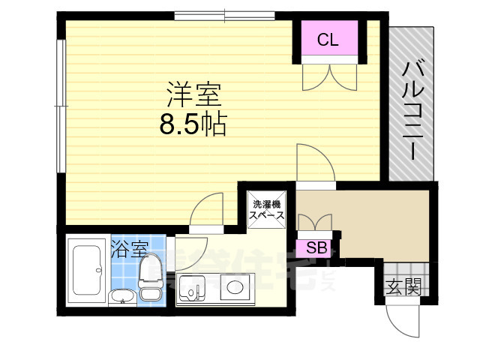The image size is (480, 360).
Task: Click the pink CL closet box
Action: (327, 40)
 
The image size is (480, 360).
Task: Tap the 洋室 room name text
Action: (193, 95)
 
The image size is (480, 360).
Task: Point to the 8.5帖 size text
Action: (193, 124)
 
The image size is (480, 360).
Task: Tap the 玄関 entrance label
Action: (403, 286)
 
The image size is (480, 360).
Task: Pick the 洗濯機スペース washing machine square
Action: (267, 209)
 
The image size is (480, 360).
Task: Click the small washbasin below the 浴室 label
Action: (122, 298)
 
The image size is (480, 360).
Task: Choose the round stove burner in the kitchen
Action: (235, 287)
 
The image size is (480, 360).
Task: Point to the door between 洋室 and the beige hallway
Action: (314, 163)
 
